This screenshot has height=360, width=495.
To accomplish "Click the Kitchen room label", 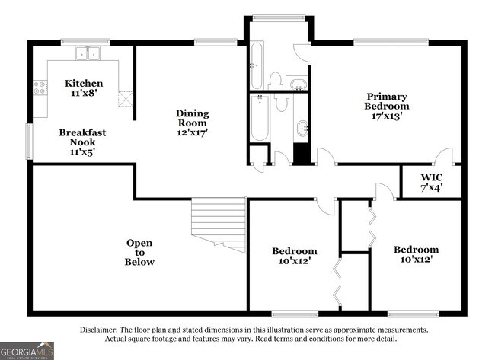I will [x=84, y=88].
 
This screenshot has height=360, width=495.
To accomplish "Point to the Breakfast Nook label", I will [x=83, y=142].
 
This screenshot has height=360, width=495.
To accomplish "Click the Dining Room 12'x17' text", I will [x=193, y=123].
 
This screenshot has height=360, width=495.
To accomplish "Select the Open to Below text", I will [x=139, y=253].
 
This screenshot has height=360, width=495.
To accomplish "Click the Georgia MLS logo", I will [x=27, y=350].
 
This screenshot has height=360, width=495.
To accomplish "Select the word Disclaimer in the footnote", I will [x=101, y=330].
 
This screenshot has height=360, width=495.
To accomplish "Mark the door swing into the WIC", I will [x=455, y=161].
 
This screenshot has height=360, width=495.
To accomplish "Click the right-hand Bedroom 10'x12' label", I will [x=416, y=255].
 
